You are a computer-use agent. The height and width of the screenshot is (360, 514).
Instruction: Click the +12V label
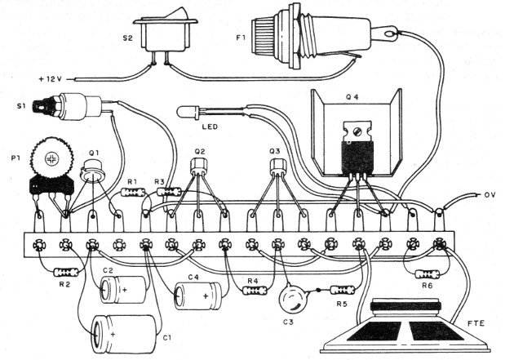click(51, 78)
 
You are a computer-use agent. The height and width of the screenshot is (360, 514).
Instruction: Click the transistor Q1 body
click(95, 168)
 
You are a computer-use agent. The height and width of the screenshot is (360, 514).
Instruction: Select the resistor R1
click(133, 193)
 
